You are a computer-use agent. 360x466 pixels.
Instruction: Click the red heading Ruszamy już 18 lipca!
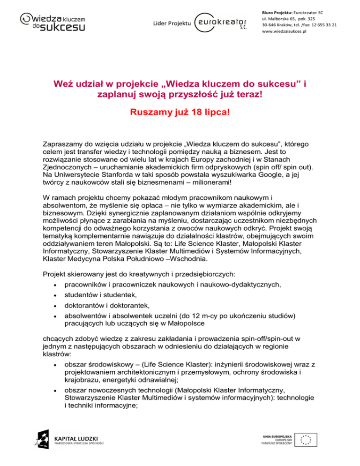tap(180, 114)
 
